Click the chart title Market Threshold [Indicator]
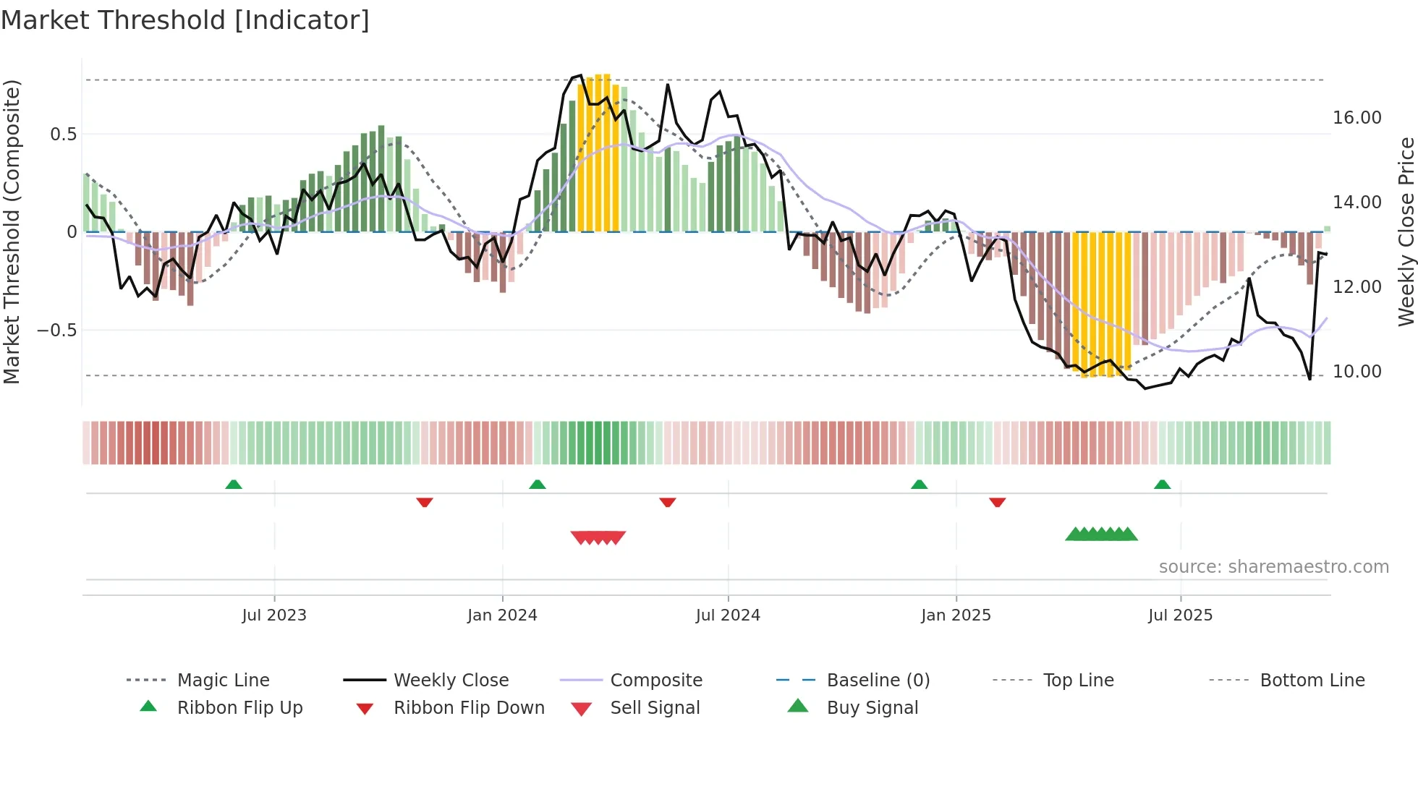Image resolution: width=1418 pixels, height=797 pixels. coord(185,20)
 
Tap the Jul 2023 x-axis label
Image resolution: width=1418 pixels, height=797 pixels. coord(274,615)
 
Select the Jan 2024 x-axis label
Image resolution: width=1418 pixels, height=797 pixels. coord(502,615)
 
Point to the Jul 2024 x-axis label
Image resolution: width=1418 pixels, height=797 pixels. coord(728,615)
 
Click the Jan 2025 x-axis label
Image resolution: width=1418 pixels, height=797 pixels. coord(956,615)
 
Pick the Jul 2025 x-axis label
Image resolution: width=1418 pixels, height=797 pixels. coord(1180,615)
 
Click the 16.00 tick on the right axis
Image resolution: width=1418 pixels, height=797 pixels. coord(1357,118)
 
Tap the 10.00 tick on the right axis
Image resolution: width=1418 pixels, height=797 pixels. coord(1357,372)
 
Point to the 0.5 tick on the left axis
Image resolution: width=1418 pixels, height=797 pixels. coord(63,135)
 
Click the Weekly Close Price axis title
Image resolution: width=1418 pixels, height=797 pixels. coord(1406,231)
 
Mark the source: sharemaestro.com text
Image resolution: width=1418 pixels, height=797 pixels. coord(1273,567)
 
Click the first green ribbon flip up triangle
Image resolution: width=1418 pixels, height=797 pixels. coord(234,485)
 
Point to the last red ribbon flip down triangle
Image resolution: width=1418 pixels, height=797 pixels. coord(998,502)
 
